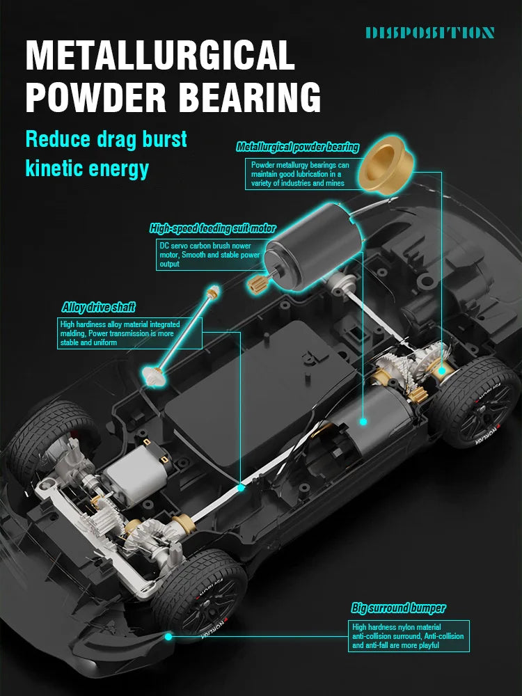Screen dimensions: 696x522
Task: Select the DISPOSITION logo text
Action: coord(429,32)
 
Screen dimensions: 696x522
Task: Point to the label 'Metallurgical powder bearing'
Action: coord(298,147)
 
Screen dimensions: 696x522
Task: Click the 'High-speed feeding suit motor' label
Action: coord(212,228)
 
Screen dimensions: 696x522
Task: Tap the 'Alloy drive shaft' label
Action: coord(98,307)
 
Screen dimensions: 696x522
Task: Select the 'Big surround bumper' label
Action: coord(397,608)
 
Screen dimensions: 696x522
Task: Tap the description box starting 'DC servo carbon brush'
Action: coord(209,255)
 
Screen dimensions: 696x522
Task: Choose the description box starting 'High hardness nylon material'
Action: coord(409,636)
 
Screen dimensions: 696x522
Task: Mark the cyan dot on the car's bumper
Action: coord(168,635)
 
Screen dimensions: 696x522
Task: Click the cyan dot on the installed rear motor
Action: coord(362,420)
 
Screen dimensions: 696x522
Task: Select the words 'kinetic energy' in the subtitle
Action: coord(87,168)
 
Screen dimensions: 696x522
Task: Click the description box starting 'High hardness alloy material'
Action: coord(129,333)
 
